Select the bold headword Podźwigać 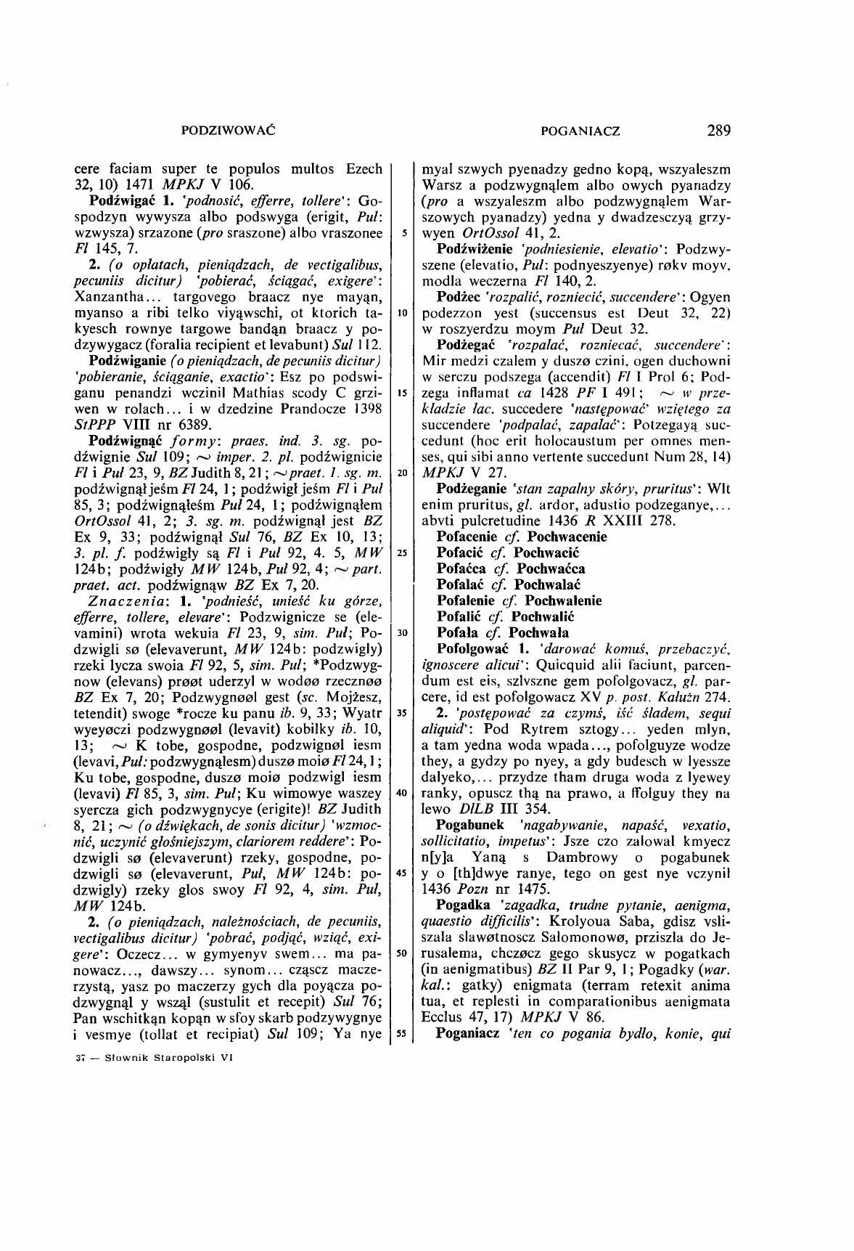click(118, 199)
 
